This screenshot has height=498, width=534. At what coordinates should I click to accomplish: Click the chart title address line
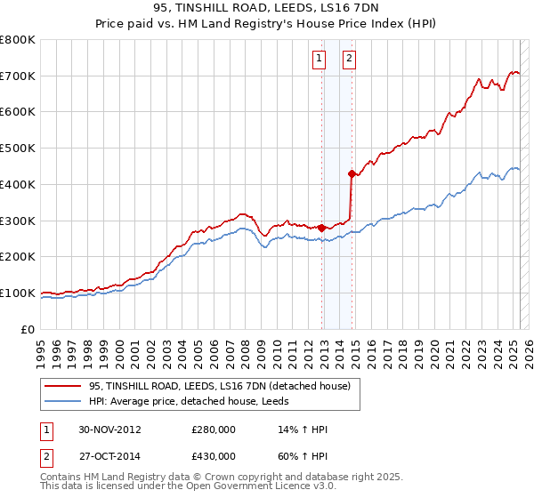(x=266, y=10)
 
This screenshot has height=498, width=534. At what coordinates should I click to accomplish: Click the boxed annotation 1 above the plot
(x=319, y=60)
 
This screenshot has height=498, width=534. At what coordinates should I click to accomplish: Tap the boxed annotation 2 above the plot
(x=348, y=60)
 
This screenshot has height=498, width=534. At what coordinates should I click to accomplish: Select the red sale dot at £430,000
(x=352, y=173)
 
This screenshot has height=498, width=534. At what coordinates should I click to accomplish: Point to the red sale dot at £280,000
(x=321, y=228)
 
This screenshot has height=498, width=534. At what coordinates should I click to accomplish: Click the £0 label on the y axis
(x=28, y=329)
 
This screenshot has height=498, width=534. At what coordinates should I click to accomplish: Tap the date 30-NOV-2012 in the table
(x=109, y=430)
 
